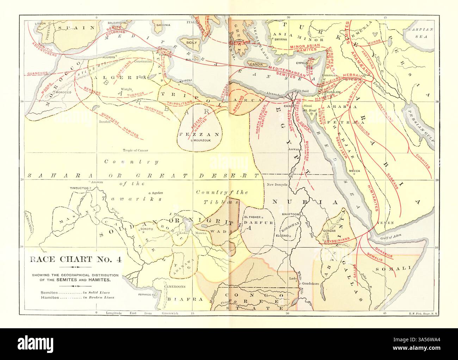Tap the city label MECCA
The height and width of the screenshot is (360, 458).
(x=354, y=171)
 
